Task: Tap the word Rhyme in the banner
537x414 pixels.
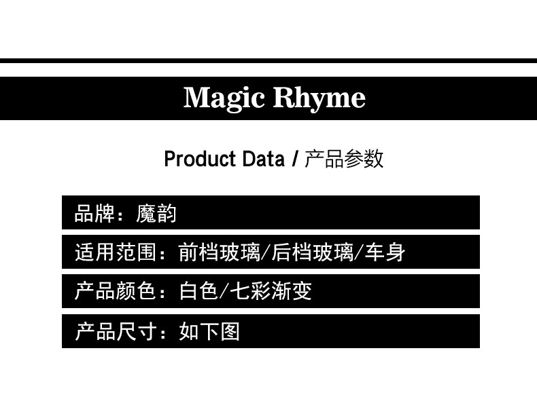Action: pos(319,99)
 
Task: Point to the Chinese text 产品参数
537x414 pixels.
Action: pos(344,159)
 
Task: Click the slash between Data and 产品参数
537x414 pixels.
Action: pos(294,159)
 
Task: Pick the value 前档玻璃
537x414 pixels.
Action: pos(219,252)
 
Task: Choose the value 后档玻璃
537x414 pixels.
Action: pos(312,252)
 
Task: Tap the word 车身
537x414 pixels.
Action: pos(385,252)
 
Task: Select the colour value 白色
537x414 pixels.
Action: pos(198,292)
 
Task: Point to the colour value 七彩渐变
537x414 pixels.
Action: pos(271,292)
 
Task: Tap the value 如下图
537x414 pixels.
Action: pos(209,331)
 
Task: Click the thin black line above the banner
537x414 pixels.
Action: pos(268,60)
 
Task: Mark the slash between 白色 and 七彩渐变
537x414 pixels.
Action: pos(225,292)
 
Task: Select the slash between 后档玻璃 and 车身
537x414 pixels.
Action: pos(359,252)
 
